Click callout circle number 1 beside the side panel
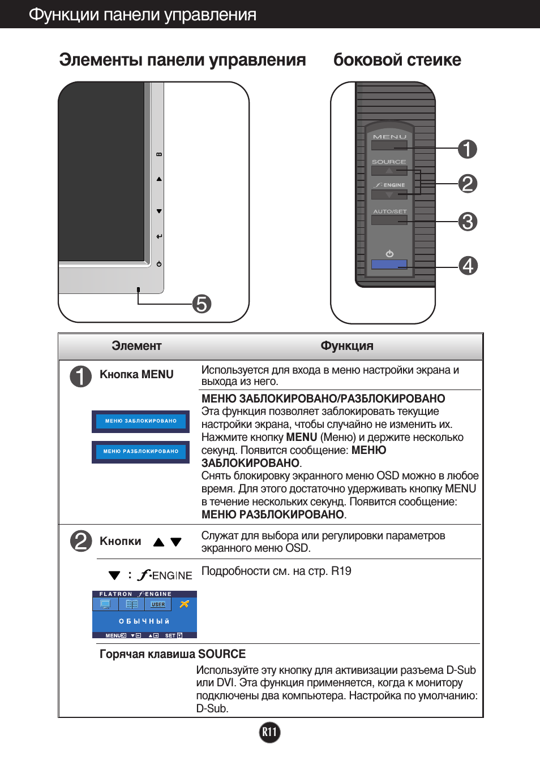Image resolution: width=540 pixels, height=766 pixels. [468, 149]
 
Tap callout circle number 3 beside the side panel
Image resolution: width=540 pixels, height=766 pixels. [468, 222]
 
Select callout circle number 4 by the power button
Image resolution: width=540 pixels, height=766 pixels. [468, 265]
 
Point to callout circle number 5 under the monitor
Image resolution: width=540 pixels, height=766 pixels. [202, 304]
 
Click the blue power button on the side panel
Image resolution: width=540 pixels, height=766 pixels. [389, 264]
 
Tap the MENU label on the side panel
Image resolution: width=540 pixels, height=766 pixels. [389, 137]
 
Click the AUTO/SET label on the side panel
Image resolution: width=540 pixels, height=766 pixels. [389, 211]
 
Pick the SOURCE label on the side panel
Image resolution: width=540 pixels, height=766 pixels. [389, 162]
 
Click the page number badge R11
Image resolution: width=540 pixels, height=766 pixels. [269, 733]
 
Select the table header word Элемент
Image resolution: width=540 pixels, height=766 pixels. [136, 346]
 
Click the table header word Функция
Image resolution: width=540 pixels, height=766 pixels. [347, 346]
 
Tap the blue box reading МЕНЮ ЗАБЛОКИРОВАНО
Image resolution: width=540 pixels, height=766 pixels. [141, 421]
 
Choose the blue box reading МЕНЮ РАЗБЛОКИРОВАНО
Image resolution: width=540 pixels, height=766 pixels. [141, 452]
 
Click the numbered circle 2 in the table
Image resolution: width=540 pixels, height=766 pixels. [81, 541]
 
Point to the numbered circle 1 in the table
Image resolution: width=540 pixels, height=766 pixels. [81, 376]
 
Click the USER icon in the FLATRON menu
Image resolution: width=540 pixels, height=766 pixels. [158, 604]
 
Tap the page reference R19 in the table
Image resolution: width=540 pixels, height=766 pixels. [341, 571]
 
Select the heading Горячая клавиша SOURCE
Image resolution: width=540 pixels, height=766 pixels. [173, 654]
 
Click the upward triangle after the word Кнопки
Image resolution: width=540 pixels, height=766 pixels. [159, 542]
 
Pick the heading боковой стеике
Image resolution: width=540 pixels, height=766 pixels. [397, 60]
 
